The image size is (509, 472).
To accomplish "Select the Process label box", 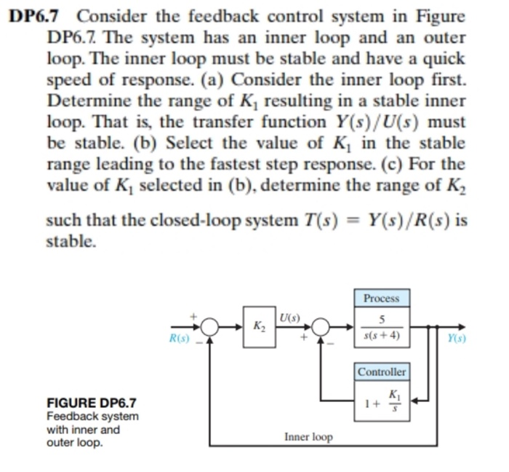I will [x=381, y=299].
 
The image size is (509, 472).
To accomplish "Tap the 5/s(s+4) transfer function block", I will [x=381, y=327].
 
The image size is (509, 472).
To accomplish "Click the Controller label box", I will [x=382, y=372].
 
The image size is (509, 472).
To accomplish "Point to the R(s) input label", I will [x=178, y=339].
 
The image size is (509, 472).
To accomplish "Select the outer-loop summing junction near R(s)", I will [x=210, y=327].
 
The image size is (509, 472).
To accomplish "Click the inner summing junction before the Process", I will [x=321, y=327].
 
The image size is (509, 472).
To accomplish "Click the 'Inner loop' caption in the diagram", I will [x=308, y=437].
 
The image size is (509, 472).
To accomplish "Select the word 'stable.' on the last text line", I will [x=71, y=240].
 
